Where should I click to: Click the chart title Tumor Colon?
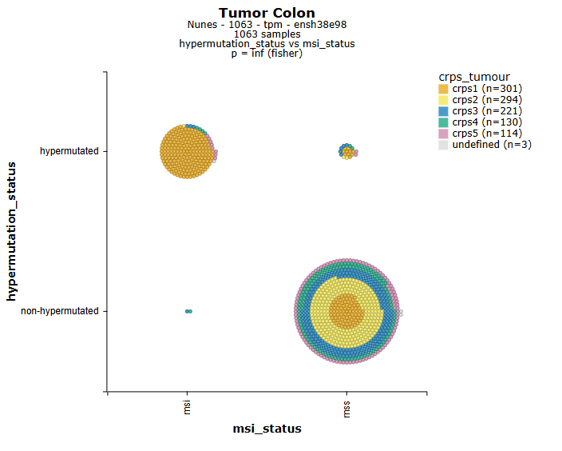267,13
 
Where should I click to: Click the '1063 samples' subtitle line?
267,34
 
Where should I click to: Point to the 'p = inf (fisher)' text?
267,54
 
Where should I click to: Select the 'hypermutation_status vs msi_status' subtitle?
267,44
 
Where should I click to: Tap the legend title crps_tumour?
474,77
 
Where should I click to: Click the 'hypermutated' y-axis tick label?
69,151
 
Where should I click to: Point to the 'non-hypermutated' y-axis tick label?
60,311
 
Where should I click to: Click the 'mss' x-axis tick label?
346,410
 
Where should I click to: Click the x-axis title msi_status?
267,429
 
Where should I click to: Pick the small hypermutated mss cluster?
346,151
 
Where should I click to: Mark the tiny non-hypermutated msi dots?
188,311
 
